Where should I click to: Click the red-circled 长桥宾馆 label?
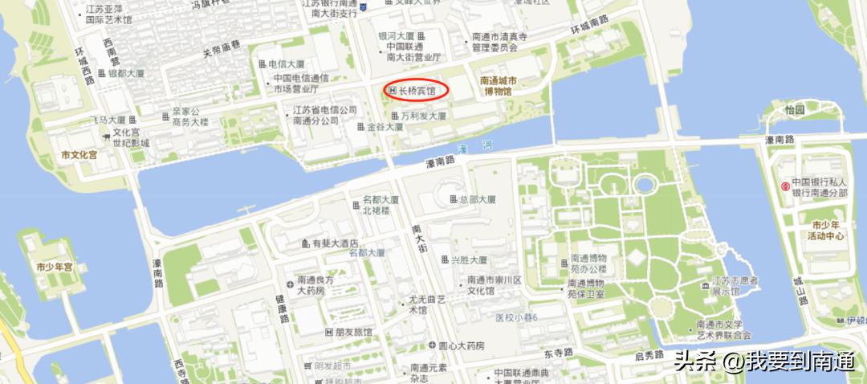point(417,92)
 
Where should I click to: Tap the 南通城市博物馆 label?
point(499,86)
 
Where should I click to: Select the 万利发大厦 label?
point(423,116)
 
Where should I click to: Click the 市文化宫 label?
point(79,153)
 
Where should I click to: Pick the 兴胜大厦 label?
point(469,260)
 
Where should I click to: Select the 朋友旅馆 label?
point(353,332)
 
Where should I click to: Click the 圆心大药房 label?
point(461,346)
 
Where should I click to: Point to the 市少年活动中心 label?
point(827,231)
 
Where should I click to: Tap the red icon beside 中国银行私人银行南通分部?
point(785,186)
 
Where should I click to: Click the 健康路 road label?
point(283,308)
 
